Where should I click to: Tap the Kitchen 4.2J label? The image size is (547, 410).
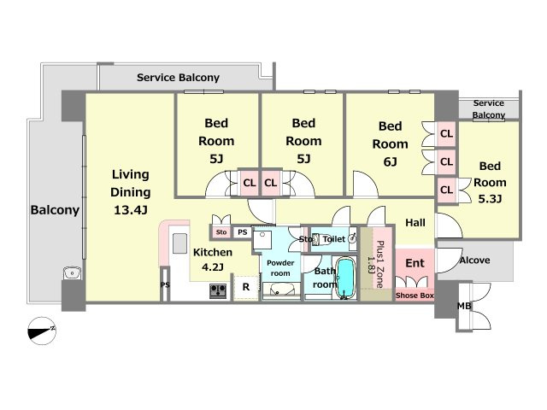coord(212,259)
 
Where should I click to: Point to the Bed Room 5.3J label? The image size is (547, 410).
coord(491,182)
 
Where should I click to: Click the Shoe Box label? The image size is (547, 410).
coord(414,296)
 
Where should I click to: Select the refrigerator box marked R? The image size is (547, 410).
coord(245,288)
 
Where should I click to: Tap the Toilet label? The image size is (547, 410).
coord(333,240)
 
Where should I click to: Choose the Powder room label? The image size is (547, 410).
coord(279,267)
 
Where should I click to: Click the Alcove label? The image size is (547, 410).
coord(474,260)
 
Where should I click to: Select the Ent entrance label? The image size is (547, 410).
coord(414,264)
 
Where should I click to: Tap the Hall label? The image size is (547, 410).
coord(415,223)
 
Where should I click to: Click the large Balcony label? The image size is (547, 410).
coord(56,210)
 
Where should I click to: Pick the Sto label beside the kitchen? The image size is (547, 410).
coord(221,231)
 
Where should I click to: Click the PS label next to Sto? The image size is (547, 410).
coord(242,231)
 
